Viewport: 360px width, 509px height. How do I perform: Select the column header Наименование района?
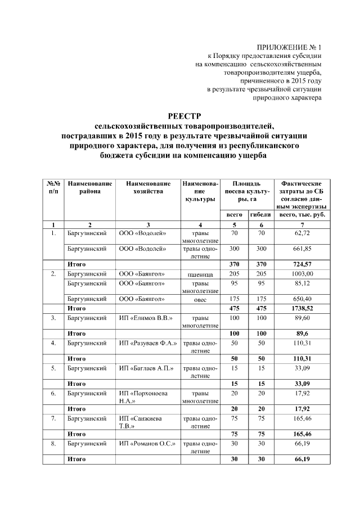[90, 188]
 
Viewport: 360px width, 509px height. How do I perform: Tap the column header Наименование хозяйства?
[148, 188]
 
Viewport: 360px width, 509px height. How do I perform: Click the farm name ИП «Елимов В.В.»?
[145, 318]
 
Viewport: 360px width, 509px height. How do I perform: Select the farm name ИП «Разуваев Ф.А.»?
[148, 343]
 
